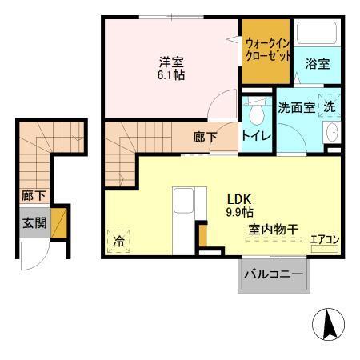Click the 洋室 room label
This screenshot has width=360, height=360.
click(171, 59)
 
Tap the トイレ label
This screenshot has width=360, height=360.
click(257, 136)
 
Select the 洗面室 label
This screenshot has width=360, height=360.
click(296, 108)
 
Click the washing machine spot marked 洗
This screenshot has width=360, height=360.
click(328, 106)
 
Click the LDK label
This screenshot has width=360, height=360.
click(238, 199)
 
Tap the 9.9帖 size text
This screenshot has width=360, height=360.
click(238, 213)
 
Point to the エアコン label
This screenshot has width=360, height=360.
click(325, 238)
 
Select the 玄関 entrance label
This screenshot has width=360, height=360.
click(32, 222)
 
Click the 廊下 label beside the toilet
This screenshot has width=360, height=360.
click(205, 136)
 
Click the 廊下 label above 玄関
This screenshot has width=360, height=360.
click(32, 194)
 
